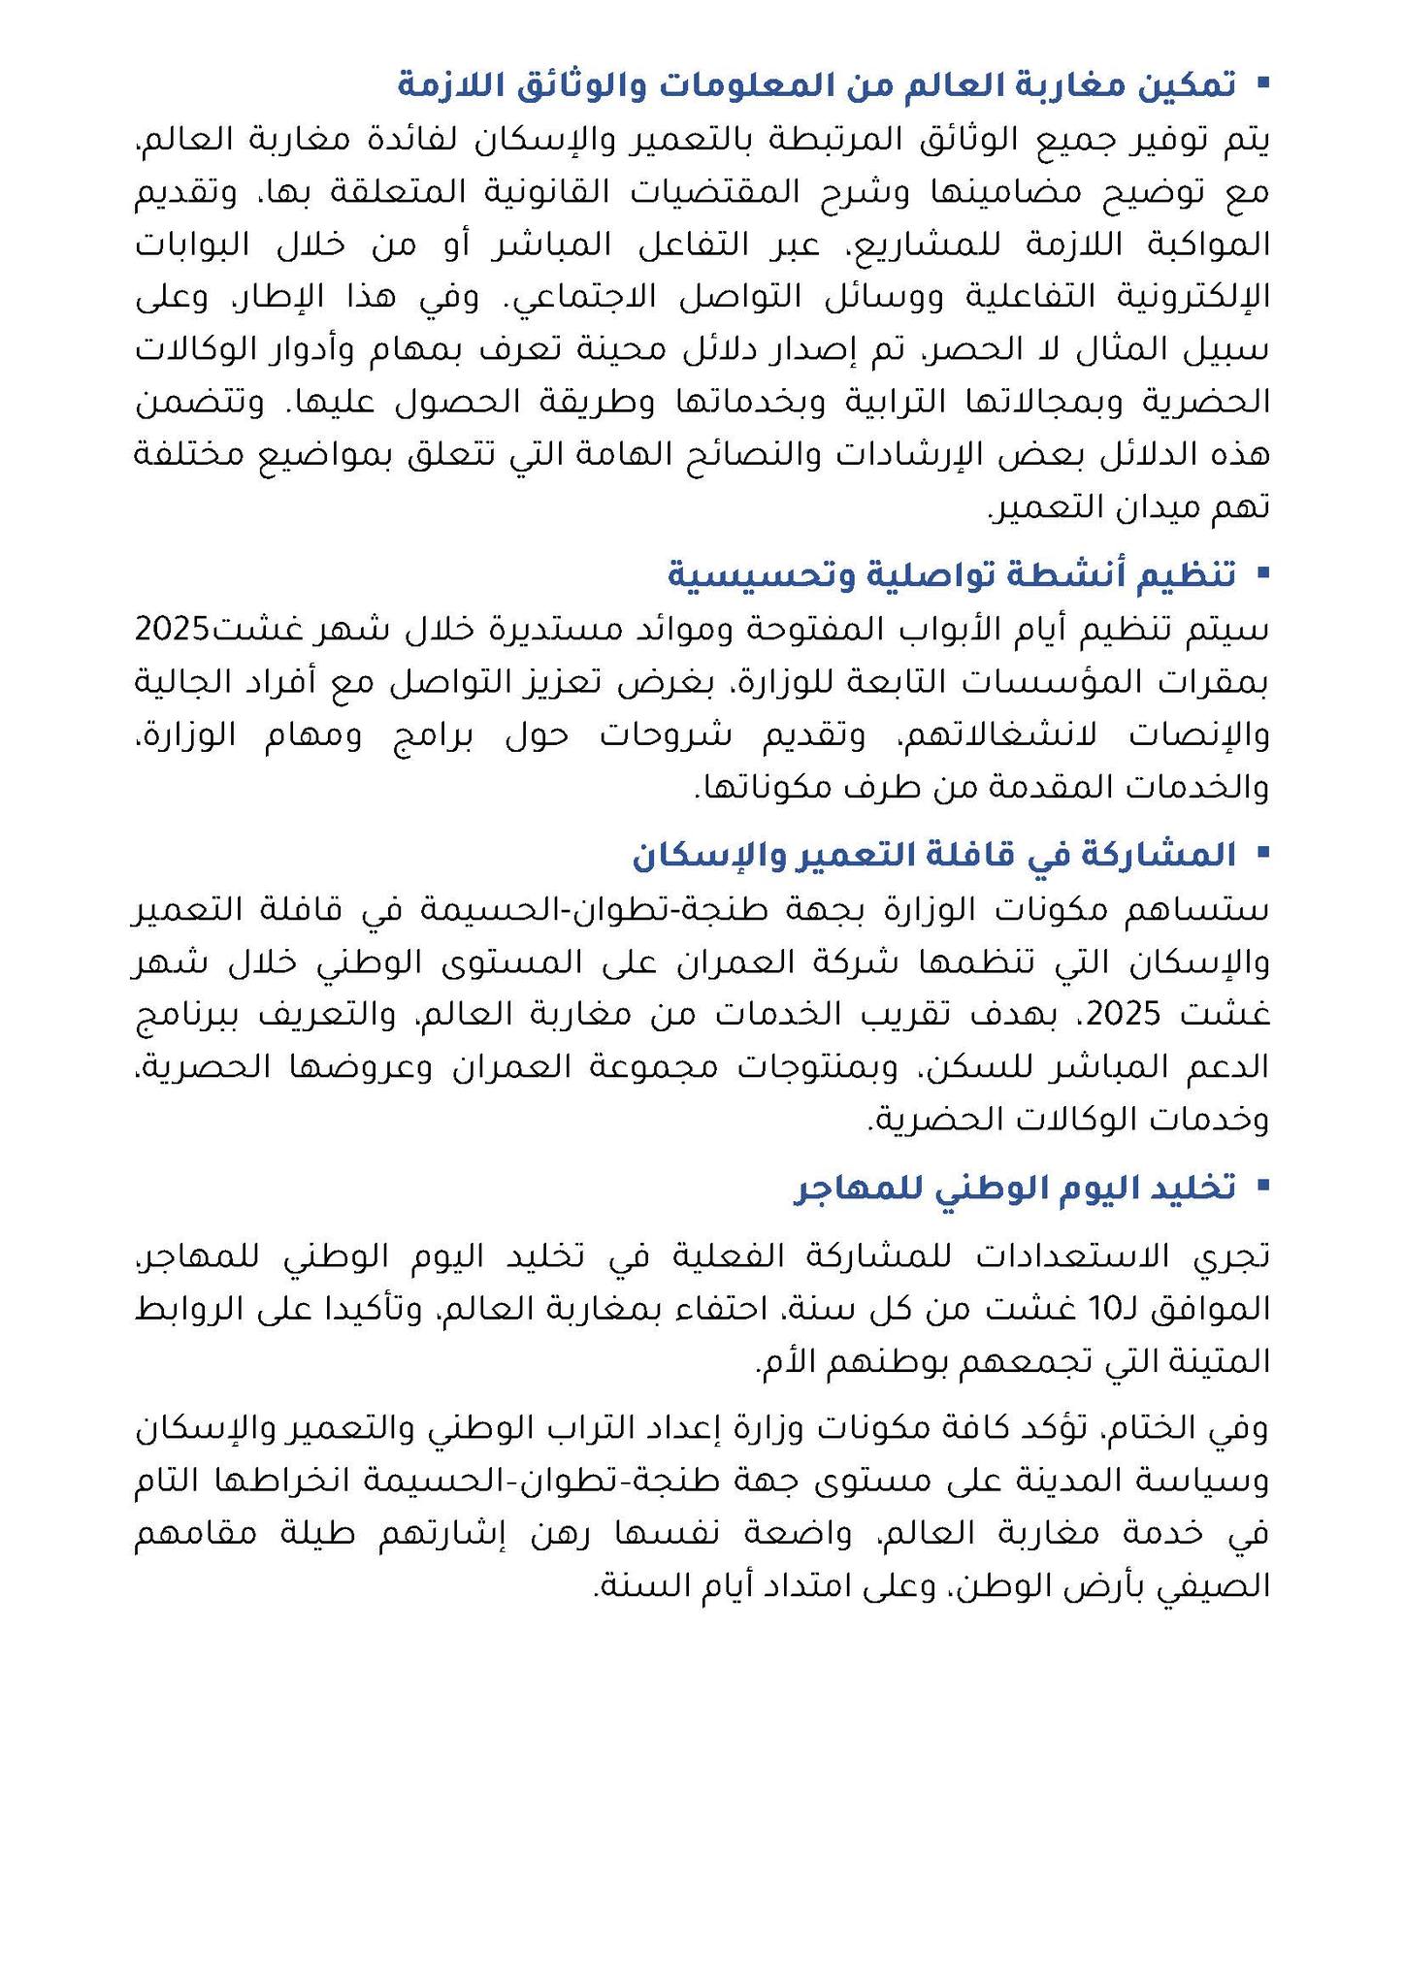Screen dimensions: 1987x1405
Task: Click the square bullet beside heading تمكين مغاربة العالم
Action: [1262, 83]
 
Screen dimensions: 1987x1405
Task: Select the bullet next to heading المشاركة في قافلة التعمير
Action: [1262, 854]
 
